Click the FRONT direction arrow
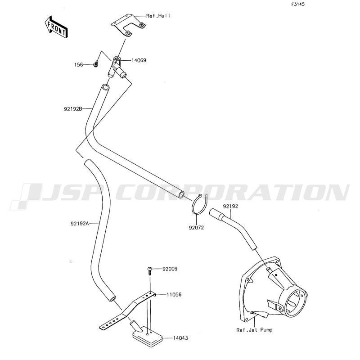pyautogui.click(x=56, y=27)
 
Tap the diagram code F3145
pyautogui.click(x=298, y=4)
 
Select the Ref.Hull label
pyautogui.click(x=158, y=16)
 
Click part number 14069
pyautogui.click(x=139, y=60)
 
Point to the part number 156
pyautogui.click(x=78, y=65)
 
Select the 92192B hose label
pyautogui.click(x=73, y=109)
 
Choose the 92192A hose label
pyautogui.click(x=80, y=223)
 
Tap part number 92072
pyautogui.click(x=196, y=228)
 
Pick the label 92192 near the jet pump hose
pyautogui.click(x=230, y=206)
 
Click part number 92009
pyautogui.click(x=170, y=269)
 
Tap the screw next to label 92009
pyautogui.click(x=150, y=271)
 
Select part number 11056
pyautogui.click(x=174, y=294)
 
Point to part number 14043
pyautogui.click(x=180, y=338)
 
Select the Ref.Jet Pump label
pyautogui.click(x=254, y=330)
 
